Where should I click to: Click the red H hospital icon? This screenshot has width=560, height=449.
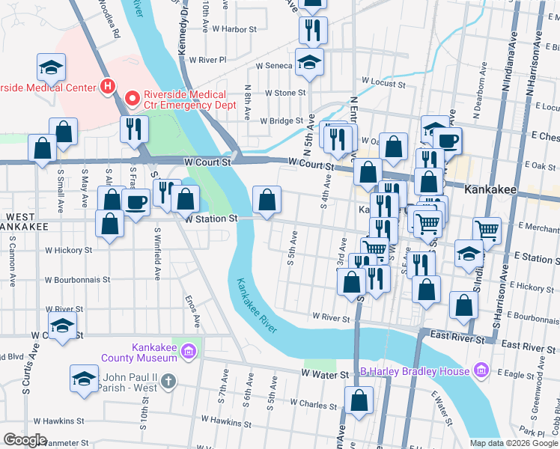[108, 87]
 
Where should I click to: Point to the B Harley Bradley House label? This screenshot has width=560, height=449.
[415, 370]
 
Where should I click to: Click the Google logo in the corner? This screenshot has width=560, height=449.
[25, 440]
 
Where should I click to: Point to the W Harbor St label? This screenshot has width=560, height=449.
[234, 30]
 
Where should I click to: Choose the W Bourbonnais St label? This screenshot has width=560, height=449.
[77, 280]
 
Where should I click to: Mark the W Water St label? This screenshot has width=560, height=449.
[326, 373]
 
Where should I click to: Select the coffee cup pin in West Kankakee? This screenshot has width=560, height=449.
[136, 202]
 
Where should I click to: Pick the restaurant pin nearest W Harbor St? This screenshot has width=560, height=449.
[311, 30]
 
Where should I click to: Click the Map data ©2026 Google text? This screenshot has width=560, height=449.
[514, 443]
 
